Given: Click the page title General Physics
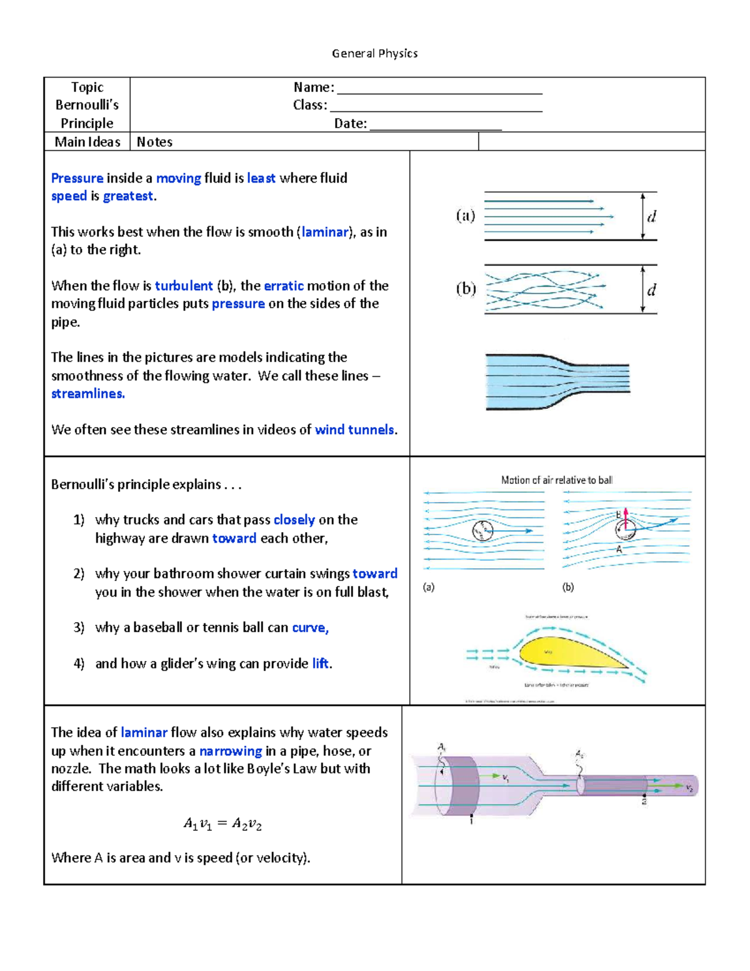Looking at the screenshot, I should [374, 54].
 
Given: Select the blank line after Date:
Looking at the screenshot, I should [436, 125].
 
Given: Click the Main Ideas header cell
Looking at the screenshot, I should [87, 142].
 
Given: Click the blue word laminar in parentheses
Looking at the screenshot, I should [324, 232].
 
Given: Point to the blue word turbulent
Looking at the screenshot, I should [184, 286].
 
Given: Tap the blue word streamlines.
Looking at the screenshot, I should [87, 394].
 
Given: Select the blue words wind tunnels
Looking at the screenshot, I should [354, 430].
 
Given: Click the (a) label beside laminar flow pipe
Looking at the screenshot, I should [465, 216].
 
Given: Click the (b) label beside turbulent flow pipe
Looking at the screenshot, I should [465, 289].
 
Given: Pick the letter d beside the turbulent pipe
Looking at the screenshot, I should [651, 290].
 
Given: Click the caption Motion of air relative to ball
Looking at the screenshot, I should [556, 480].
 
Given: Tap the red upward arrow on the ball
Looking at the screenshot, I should [626, 518].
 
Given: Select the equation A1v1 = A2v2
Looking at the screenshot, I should [222, 824].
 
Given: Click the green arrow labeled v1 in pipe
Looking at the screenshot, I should [493, 776].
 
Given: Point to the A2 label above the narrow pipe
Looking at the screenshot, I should [579, 755].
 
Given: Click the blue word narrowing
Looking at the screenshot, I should [230, 751].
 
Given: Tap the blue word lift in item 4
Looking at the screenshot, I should [320, 663].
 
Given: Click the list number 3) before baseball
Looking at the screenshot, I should [79, 627].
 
